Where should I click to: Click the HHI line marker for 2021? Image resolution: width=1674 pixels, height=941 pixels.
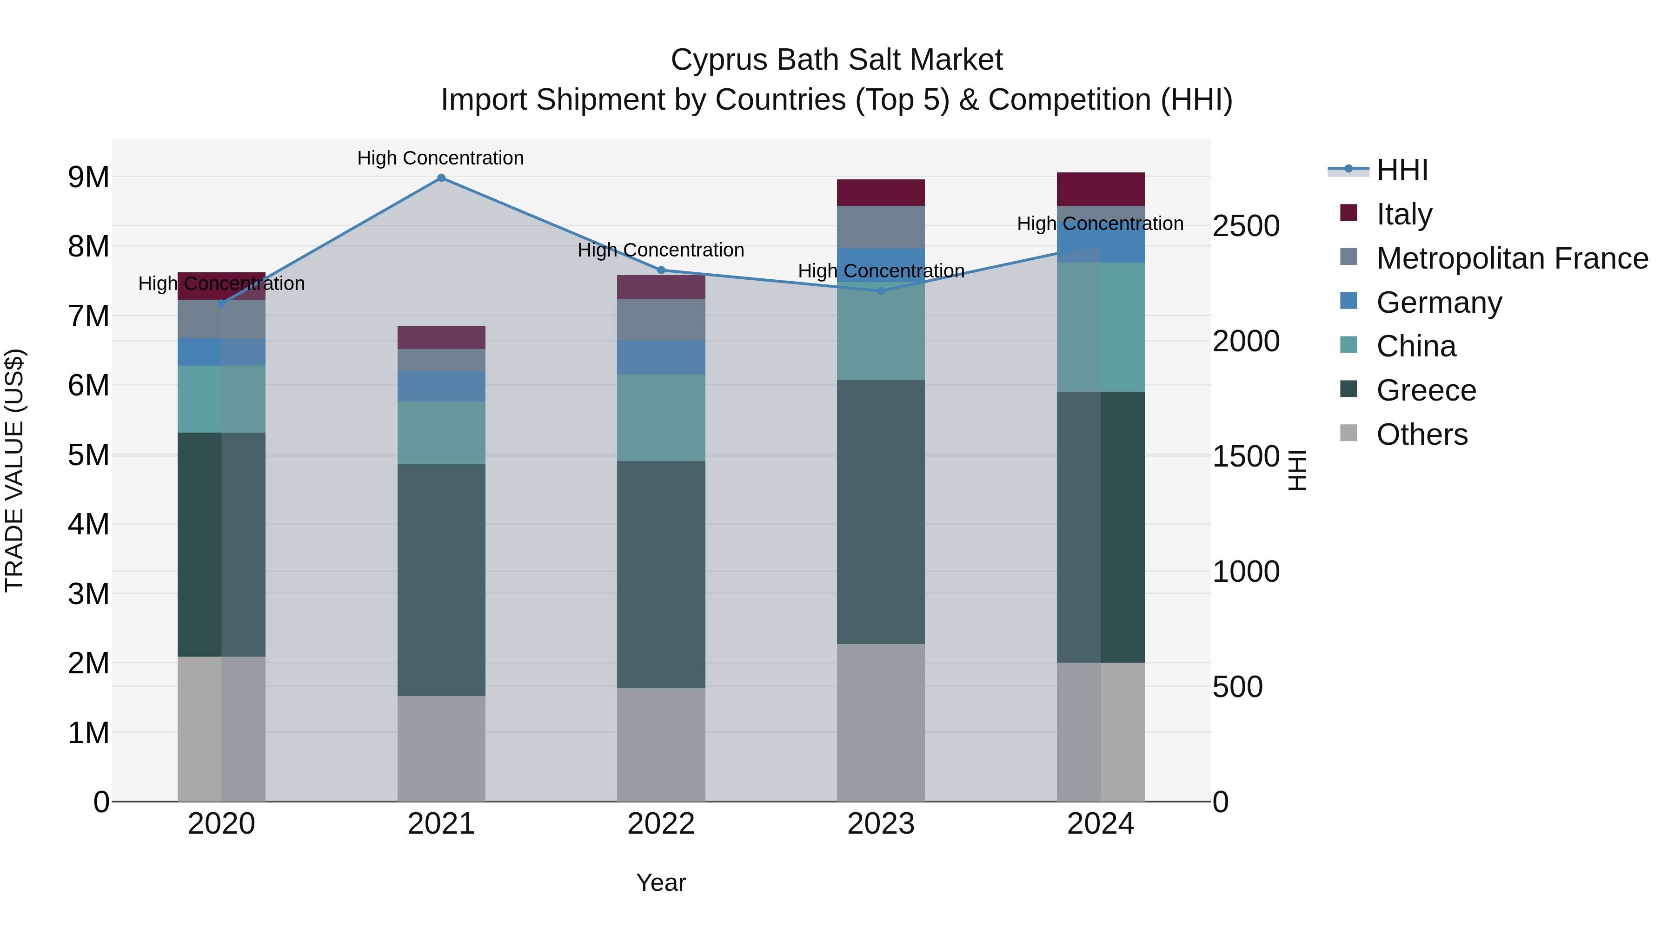pos(441,178)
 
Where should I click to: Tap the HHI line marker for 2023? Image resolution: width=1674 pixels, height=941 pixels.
pos(881,291)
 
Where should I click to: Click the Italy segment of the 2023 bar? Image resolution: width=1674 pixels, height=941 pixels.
pos(881,193)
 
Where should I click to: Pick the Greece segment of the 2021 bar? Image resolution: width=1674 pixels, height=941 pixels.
pos(441,580)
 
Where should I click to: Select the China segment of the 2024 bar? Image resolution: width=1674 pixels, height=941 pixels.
pos(1100,327)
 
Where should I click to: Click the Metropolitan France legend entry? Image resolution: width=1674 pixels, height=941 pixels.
pos(1512,258)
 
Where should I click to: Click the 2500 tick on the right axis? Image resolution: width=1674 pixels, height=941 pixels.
pos(1246,226)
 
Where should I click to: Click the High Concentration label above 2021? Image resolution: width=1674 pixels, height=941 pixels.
pos(441,158)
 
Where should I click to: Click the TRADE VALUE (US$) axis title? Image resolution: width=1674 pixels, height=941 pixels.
pos(14,470)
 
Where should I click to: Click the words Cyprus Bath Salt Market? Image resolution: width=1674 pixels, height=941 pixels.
pos(837,60)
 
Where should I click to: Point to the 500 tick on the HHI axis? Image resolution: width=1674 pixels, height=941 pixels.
pos(1237,687)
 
